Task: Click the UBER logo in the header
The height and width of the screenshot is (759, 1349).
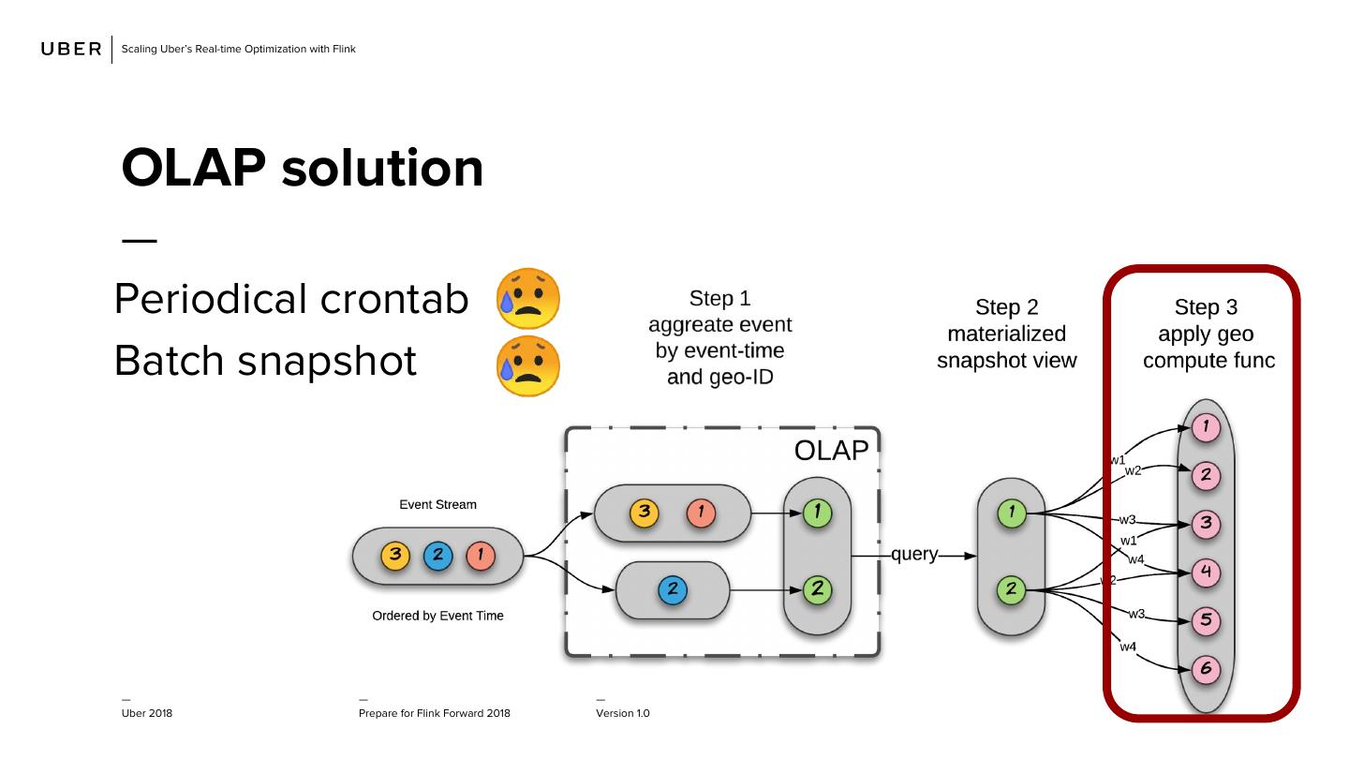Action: (71, 50)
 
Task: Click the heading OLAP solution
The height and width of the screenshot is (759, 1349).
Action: (303, 169)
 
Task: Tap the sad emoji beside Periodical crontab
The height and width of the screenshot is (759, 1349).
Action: (528, 299)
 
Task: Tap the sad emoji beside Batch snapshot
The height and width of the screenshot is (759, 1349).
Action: (528, 365)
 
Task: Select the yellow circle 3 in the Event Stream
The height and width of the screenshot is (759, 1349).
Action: (395, 556)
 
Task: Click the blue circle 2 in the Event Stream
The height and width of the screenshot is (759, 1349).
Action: (437, 556)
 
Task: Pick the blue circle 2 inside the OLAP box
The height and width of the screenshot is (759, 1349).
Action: (673, 590)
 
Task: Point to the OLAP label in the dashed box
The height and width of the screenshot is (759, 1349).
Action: (831, 451)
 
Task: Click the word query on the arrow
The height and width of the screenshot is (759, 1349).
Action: (914, 555)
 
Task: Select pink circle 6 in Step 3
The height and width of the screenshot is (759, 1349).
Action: (1206, 669)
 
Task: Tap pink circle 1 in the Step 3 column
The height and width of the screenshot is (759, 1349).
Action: (1206, 427)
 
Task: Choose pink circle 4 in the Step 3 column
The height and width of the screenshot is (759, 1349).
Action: (1206, 572)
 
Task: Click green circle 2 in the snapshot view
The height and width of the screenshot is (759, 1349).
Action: (1012, 590)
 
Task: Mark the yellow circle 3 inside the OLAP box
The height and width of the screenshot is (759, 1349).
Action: (645, 513)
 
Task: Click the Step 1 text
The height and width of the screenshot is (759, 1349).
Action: (719, 299)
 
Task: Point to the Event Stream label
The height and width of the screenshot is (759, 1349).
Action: (437, 505)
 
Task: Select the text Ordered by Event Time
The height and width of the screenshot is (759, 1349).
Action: (437, 616)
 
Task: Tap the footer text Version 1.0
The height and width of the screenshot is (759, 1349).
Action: (622, 714)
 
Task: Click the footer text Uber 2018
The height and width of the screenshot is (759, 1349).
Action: (147, 714)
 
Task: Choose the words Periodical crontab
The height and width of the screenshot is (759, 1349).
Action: (290, 300)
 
